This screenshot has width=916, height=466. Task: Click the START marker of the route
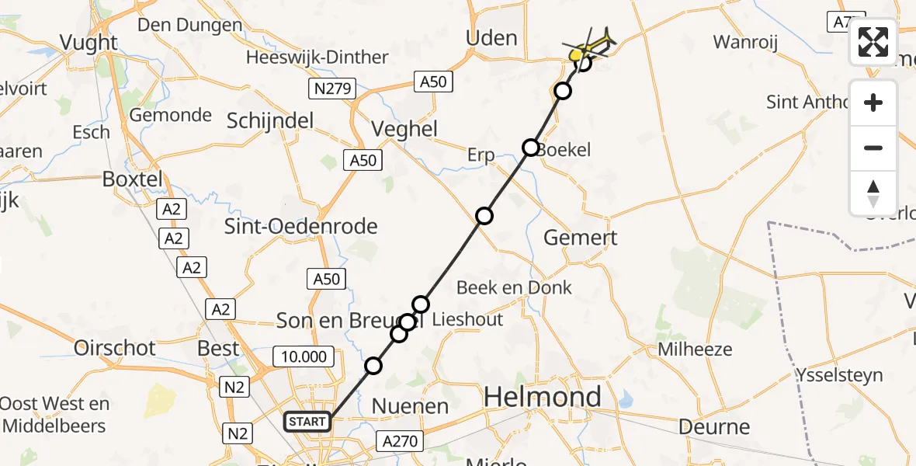pyautogui.click(x=308, y=422)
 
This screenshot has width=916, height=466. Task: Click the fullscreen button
pyautogui.click(x=873, y=42)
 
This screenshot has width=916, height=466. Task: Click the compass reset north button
pyautogui.click(x=873, y=193)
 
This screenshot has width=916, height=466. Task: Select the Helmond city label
pyautogui.click(x=543, y=397)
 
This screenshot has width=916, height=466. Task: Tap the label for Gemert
pyautogui.click(x=580, y=238)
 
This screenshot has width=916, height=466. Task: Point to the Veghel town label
pyautogui.click(x=404, y=129)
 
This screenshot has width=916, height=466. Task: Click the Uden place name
pyautogui.click(x=491, y=38)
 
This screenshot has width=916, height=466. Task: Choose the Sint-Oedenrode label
pyautogui.click(x=300, y=227)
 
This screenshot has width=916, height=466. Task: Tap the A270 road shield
pyautogui.click(x=401, y=442)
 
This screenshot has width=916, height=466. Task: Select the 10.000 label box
pyautogui.click(x=304, y=356)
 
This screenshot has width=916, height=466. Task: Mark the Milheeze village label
pyautogui.click(x=695, y=349)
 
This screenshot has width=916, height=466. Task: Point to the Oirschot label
pyautogui.click(x=114, y=347)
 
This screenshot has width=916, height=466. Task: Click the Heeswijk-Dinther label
pyautogui.click(x=317, y=57)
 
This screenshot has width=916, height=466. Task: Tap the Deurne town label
pyautogui.click(x=714, y=426)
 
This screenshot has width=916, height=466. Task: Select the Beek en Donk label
pyautogui.click(x=514, y=287)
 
